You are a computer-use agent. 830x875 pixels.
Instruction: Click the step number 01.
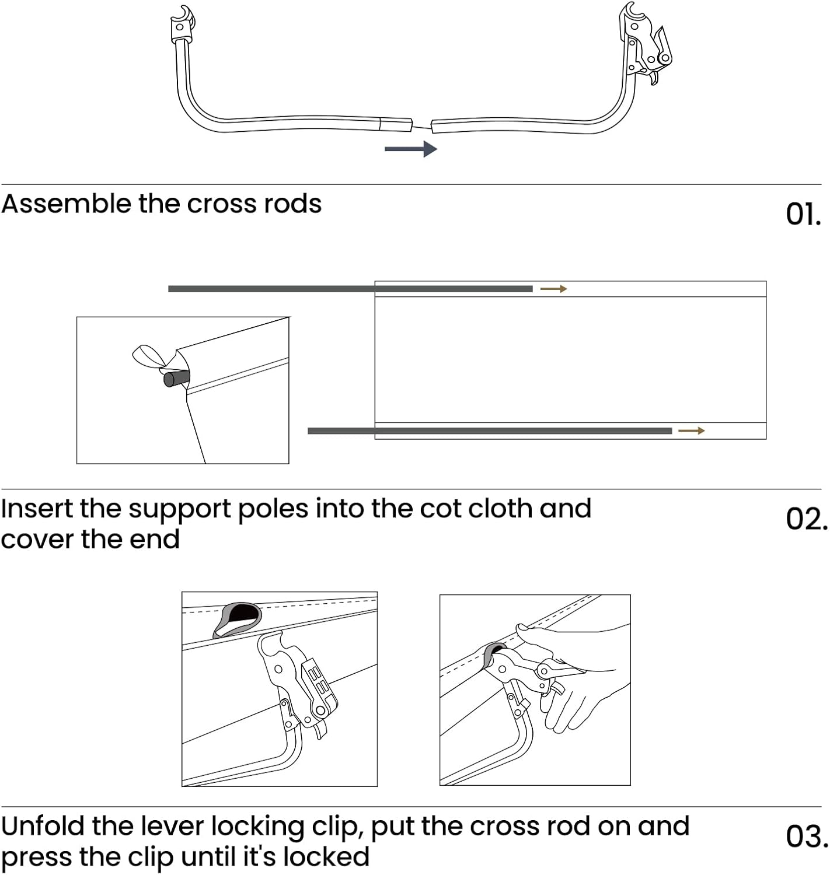pyautogui.click(x=803, y=214)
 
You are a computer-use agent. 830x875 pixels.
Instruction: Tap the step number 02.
pyautogui.click(x=805, y=519)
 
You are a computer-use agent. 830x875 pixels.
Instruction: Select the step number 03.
pyautogui.click(x=806, y=836)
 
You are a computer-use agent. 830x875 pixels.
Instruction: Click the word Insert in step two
pyautogui.click(x=37, y=509)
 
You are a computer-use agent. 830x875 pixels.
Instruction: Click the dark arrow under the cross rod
pyautogui.click(x=411, y=149)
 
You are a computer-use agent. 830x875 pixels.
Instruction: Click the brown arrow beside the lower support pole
pyautogui.click(x=692, y=430)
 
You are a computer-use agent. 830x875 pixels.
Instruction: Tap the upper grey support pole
pyautogui.click(x=350, y=289)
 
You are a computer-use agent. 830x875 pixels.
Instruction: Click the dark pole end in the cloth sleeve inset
pyautogui.click(x=176, y=379)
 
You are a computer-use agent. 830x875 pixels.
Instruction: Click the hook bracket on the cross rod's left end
pyautogui.click(x=182, y=26)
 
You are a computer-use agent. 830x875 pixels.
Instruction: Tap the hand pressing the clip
pyautogui.click(x=578, y=671)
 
